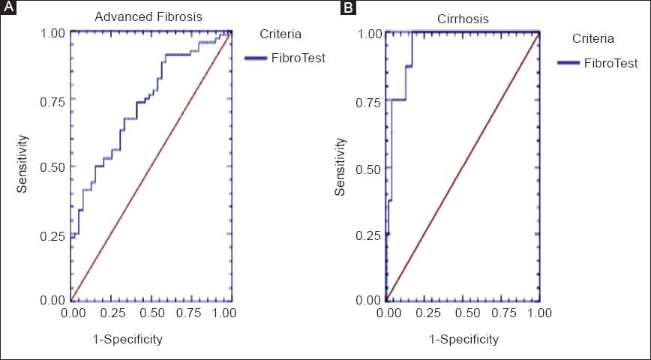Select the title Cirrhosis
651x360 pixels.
point(461,19)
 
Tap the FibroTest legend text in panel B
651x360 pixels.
point(610,62)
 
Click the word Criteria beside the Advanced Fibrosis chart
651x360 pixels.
point(281,34)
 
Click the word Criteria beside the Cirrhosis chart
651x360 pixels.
point(593,38)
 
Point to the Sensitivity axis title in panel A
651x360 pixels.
point(23,163)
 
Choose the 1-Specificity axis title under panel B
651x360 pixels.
point(463,339)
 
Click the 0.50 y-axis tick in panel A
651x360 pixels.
point(52,166)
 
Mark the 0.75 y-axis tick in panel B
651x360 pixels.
point(369,102)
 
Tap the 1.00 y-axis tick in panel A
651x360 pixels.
point(52,33)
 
